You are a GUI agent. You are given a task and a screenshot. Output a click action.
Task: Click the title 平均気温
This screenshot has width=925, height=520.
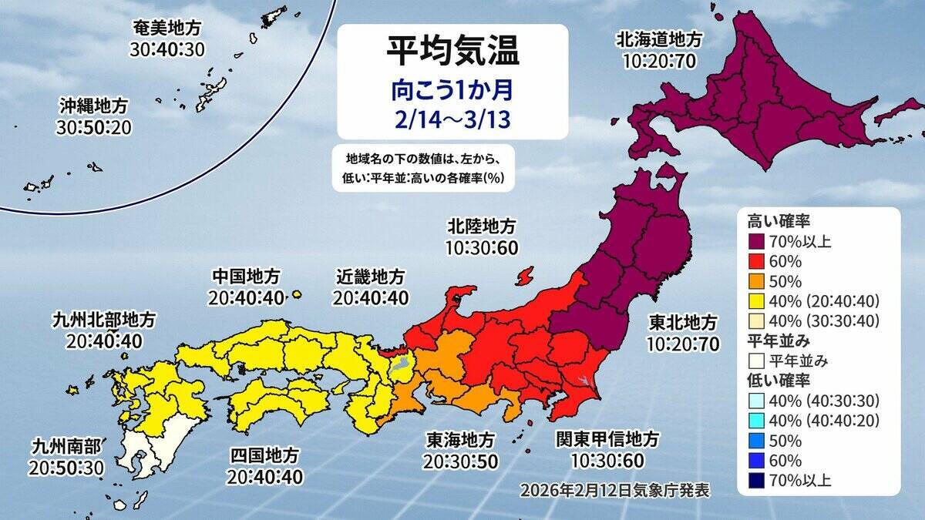[x=452, y=52]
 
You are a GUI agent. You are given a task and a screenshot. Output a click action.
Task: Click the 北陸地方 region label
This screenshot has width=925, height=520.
[x=480, y=226]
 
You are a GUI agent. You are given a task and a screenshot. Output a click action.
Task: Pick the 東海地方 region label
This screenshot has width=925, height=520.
[x=460, y=439]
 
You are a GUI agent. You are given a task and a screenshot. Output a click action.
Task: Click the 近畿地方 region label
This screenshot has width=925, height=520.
[x=371, y=276]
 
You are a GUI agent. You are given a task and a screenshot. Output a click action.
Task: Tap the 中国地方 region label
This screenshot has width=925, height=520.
[x=247, y=276]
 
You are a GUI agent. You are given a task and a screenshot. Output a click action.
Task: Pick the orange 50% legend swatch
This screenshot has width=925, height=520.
[x=756, y=281]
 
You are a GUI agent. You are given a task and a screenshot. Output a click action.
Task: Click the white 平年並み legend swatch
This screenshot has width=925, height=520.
[x=756, y=360]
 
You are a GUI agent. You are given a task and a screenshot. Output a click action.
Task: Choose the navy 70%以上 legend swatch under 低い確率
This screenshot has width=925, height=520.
[x=756, y=481]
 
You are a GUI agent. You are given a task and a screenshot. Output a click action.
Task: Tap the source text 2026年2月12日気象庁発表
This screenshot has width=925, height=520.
[x=614, y=489]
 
